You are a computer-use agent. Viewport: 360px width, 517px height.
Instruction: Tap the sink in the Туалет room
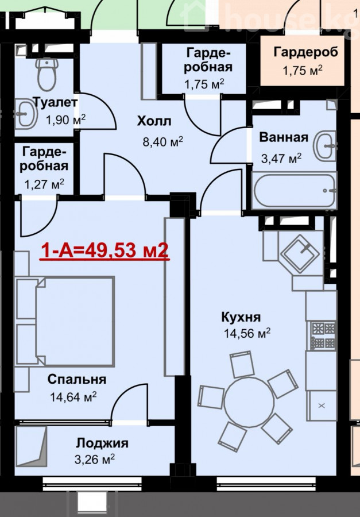(x=26, y=114)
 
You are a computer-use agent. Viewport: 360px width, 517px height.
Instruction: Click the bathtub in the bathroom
(x=294, y=191)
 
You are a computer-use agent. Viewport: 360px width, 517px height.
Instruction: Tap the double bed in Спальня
(x=65, y=322)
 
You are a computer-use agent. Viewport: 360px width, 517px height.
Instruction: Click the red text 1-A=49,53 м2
(x=104, y=251)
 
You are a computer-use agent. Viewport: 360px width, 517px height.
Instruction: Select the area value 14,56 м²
(x=247, y=333)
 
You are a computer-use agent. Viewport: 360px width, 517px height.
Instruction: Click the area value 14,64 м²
(x=73, y=396)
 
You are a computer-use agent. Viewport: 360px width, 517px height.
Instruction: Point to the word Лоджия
(x=102, y=443)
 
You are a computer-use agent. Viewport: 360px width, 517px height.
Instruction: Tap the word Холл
(x=154, y=121)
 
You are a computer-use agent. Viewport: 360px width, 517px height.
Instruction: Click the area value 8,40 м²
(x=162, y=142)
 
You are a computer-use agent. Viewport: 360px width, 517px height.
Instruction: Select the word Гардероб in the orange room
(x=305, y=52)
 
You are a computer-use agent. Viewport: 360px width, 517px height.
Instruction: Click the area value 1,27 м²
(x=44, y=184)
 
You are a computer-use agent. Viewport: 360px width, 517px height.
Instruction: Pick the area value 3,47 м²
(x=281, y=159)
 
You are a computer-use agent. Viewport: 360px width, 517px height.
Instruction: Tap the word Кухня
(x=241, y=317)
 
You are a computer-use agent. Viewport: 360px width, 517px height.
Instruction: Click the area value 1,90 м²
(x=65, y=119)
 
